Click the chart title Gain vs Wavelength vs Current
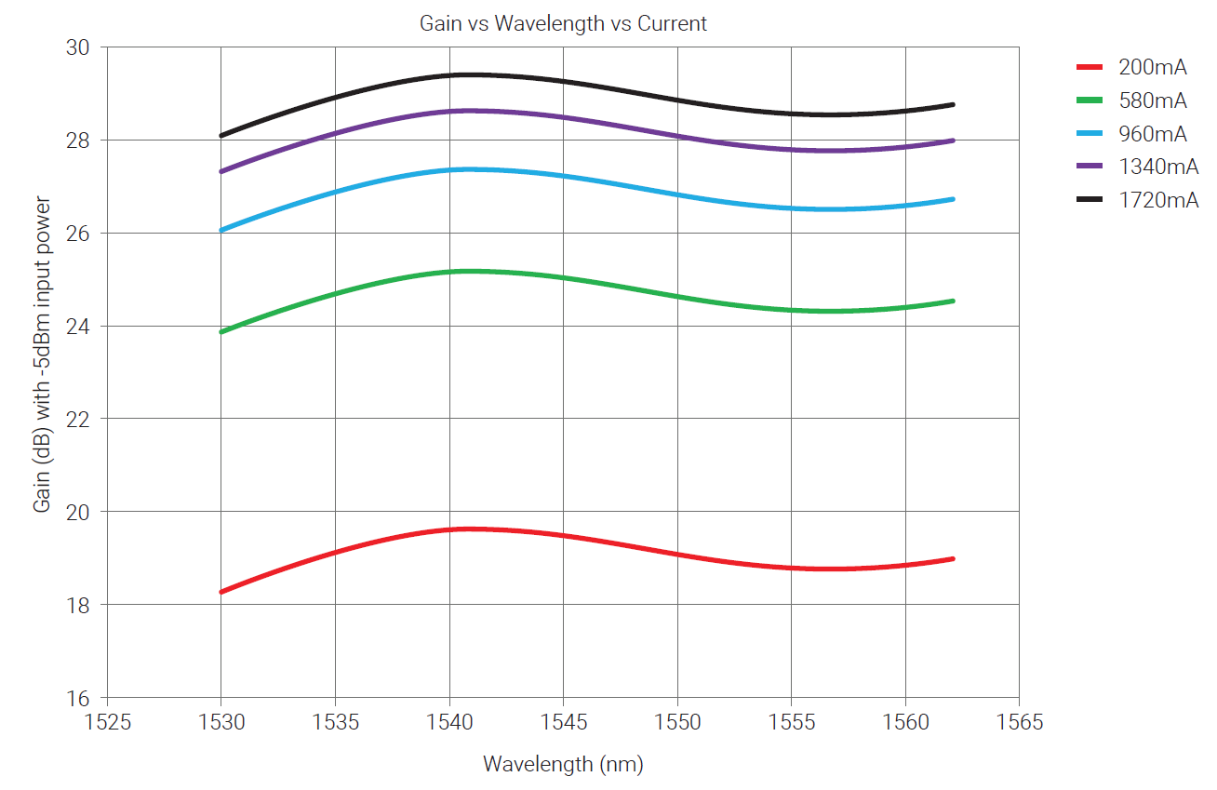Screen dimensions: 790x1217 (563, 24)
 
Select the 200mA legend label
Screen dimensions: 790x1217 (1152, 67)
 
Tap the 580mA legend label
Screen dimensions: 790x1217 (1152, 100)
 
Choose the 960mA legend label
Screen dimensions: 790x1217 (1152, 134)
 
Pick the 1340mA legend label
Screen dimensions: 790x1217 (1157, 167)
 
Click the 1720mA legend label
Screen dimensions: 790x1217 (1157, 199)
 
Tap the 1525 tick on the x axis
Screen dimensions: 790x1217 (107, 722)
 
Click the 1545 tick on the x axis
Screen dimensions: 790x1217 (563, 722)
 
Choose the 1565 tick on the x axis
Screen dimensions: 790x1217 (1019, 722)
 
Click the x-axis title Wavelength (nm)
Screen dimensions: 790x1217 (563, 765)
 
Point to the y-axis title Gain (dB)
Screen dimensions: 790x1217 (43, 354)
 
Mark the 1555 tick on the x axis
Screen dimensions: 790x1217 (791, 722)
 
